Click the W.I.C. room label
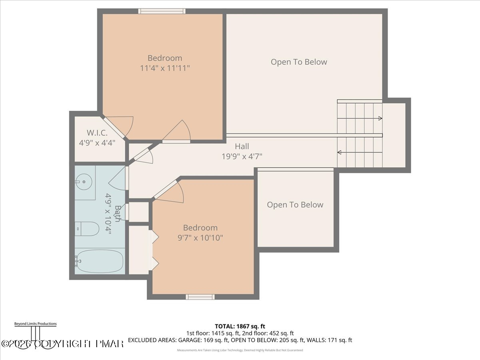pyautogui.click(x=97, y=133)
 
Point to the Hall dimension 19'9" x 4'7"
pyautogui.click(x=242, y=156)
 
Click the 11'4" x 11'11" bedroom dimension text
pyautogui.click(x=164, y=68)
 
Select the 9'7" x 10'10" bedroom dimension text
pyautogui.click(x=200, y=238)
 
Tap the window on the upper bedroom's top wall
pyautogui.click(x=162, y=11)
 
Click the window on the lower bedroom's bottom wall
pyautogui.click(x=200, y=297)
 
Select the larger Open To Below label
pyautogui.click(x=299, y=62)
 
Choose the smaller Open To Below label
pyautogui.click(x=295, y=205)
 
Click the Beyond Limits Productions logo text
pyautogui.click(x=35, y=324)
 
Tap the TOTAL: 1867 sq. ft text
pyautogui.click(x=240, y=326)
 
